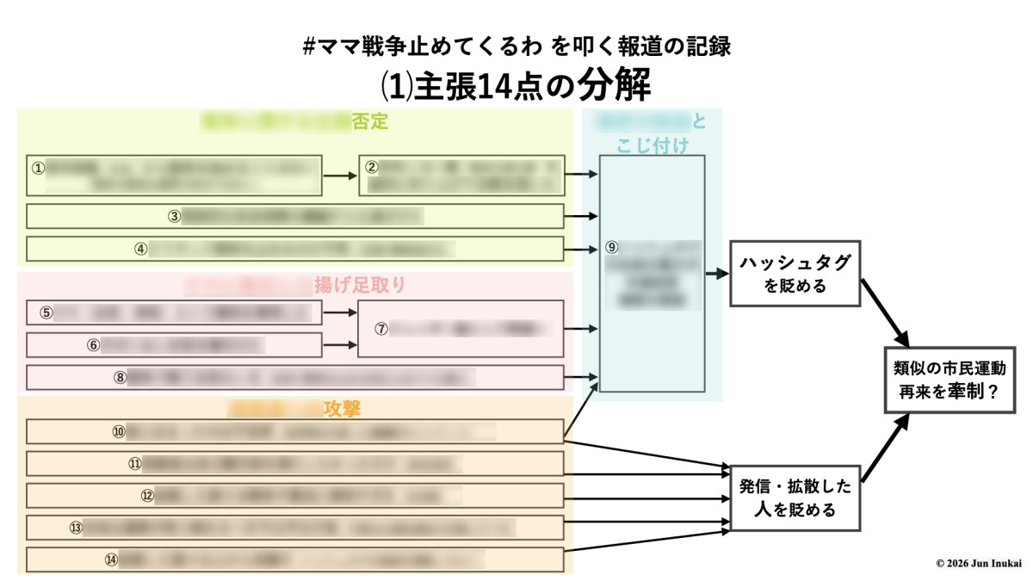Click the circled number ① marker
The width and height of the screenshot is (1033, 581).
coord(38,168)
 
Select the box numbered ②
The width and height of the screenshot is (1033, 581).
coord(461,176)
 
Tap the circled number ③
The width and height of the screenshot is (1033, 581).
coord(174,217)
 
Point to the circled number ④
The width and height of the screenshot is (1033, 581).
coord(140,249)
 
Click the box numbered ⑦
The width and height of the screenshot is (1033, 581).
coord(461,328)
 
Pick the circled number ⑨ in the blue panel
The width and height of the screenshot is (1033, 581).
coord(611,247)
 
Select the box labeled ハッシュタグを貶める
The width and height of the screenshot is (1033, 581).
coord(795,273)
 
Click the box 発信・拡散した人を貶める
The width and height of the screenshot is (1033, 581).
coord(795,498)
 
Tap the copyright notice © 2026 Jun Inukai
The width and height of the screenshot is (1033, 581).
coord(978,563)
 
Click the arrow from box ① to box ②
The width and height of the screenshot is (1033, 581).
coord(340,176)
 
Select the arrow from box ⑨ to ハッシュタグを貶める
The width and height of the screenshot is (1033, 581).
coord(716,274)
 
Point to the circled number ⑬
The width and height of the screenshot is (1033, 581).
coord(76,528)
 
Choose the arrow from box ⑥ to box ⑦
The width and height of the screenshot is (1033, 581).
coord(340,345)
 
